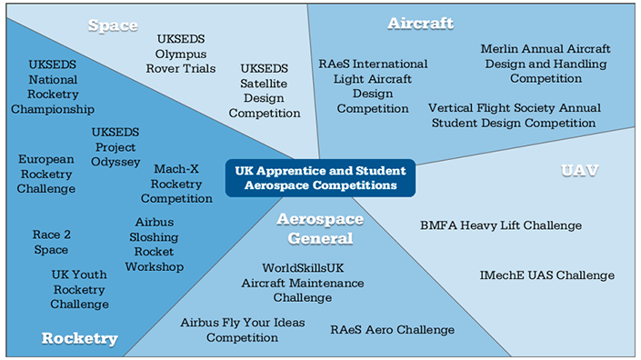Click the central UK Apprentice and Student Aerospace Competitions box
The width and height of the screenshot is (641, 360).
pos(320,177)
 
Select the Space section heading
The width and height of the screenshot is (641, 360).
pos(112,25)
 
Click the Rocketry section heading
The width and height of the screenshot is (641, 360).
pos(80,339)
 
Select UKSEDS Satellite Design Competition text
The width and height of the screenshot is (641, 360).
pos(265,91)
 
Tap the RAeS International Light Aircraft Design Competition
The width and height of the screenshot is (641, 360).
pos(373,86)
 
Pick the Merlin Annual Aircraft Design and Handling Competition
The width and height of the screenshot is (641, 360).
pos(546,64)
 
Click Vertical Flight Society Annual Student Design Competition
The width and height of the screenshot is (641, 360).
pos(512,115)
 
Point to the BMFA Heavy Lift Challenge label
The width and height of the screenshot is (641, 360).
pos(501,225)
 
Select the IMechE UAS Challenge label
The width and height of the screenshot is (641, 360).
pos(547,275)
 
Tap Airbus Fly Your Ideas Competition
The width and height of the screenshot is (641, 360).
pos(243,330)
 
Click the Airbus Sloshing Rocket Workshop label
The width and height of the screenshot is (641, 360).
pos(155,245)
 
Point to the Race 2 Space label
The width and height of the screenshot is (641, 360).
pos(51,242)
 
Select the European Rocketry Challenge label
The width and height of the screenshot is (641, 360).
pos(46,174)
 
